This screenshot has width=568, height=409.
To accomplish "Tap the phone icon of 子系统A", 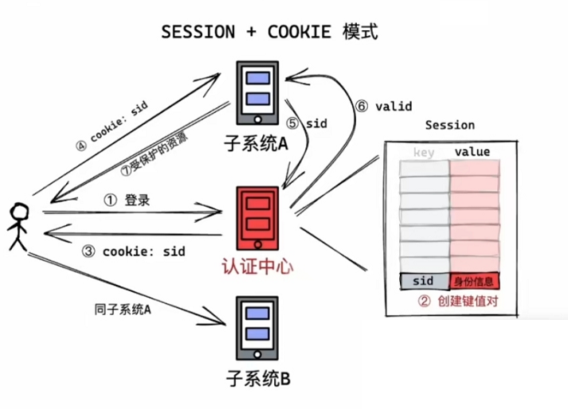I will pos(257,90).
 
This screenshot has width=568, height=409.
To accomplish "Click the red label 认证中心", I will pos(257,264).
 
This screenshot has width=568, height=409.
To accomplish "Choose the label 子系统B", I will pos(257,379).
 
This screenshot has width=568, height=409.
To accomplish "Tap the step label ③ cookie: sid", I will pos(134,251).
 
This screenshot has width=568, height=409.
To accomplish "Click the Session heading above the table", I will pos(449,125).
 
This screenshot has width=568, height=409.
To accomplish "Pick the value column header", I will pos(472,151).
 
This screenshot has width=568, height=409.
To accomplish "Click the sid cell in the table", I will pos(424,281).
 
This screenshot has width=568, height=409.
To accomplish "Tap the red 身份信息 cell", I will pos(476,281).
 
